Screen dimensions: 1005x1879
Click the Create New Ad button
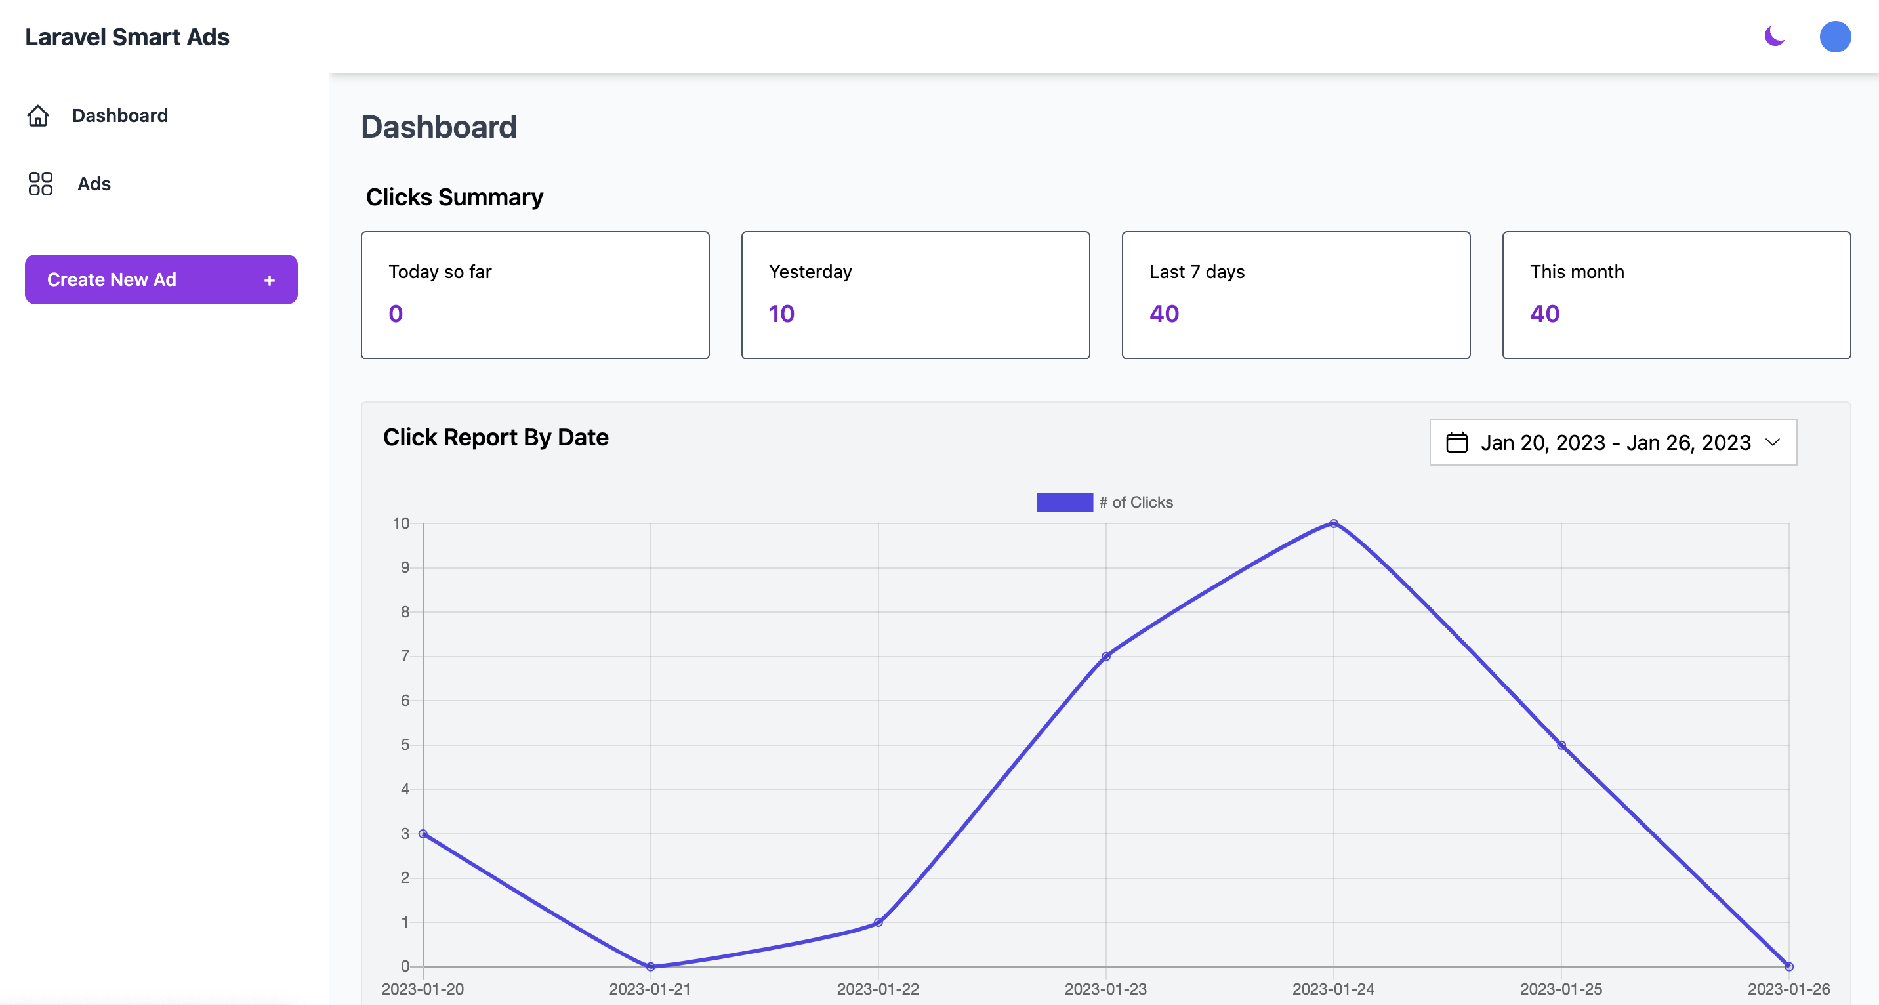161,279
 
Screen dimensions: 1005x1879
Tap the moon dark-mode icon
1774,35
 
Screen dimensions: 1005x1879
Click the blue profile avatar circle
1834,37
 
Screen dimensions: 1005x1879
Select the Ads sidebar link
93,184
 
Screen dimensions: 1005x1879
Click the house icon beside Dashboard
38,115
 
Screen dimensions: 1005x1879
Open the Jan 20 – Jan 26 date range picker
1613,442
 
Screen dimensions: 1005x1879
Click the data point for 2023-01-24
1333,523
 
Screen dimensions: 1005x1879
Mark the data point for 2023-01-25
1561,745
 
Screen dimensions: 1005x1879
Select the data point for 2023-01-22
878,922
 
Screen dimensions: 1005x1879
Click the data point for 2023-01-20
423,834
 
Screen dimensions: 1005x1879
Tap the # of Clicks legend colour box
1064,502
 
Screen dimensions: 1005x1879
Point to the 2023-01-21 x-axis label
650,989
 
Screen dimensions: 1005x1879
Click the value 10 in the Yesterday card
781,314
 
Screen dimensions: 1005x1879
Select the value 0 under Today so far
396,314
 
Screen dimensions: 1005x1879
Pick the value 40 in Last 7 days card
1164,314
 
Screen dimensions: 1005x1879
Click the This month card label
1577,272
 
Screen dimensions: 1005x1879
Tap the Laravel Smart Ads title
127,37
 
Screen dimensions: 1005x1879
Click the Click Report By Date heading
495,437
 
